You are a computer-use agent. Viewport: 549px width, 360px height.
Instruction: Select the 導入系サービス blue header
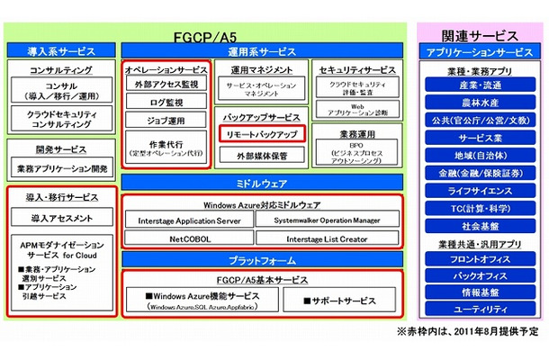[62, 52]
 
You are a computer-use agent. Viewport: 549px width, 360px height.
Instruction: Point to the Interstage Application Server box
[189, 219]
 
